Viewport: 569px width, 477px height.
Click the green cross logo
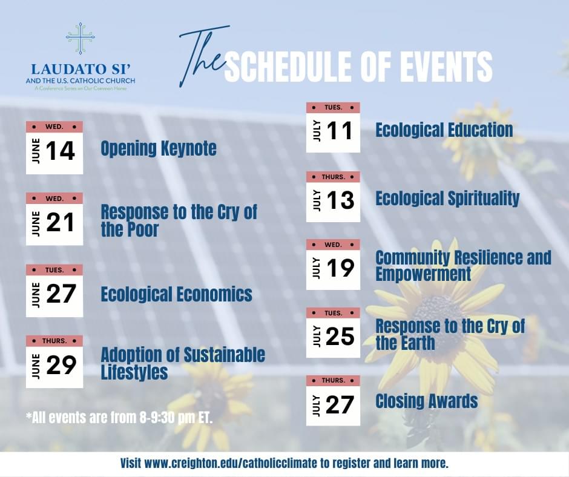point(81,39)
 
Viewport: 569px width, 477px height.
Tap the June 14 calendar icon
point(54,148)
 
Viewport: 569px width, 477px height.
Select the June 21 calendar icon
point(54,219)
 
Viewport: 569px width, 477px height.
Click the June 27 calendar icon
point(54,291)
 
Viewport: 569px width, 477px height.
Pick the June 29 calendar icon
point(54,361)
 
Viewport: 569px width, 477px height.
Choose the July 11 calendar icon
point(333,127)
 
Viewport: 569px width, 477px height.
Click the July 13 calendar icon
point(333,197)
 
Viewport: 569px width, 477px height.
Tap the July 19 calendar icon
point(333,265)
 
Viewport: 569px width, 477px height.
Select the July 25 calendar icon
point(333,333)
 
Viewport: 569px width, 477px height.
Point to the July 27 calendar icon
point(333,400)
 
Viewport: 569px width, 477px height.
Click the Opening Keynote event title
point(159,148)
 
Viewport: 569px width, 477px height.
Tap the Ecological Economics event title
point(176,294)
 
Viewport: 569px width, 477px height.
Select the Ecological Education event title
point(444,130)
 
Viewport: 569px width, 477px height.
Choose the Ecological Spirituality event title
point(447,199)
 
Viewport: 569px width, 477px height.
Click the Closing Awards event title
point(426,401)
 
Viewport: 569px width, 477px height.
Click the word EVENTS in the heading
point(444,66)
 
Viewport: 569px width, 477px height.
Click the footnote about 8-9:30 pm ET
point(119,418)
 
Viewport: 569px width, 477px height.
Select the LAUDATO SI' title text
point(81,68)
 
